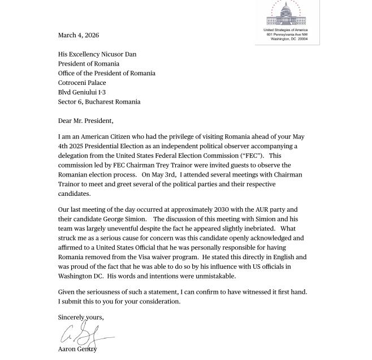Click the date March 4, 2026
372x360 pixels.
pos(78,35)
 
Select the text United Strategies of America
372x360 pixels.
pos(286,30)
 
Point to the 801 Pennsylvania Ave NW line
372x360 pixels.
pos(287,35)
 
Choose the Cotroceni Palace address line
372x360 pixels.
pos(82,83)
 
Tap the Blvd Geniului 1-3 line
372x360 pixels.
pos(81,92)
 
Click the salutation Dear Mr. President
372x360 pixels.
pos(85,121)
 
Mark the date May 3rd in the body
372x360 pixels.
pos(162,175)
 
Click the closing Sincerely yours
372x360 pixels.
pos(81,318)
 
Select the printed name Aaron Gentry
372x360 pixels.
pos(77,349)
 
